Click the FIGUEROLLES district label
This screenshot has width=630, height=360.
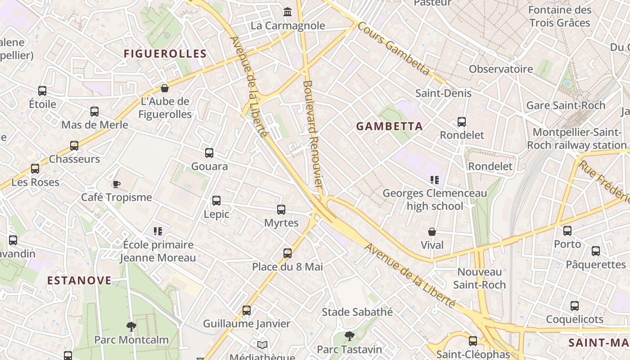(x=165, y=54)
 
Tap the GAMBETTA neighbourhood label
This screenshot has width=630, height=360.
(x=390, y=126)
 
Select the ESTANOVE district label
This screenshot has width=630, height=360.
(x=79, y=280)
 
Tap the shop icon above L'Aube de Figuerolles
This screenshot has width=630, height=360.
(x=165, y=88)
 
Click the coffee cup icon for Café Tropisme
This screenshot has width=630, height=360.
(x=116, y=184)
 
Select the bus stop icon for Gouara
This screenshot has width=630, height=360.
(x=209, y=153)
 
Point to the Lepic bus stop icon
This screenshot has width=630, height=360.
(x=216, y=201)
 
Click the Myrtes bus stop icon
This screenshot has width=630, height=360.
(x=281, y=210)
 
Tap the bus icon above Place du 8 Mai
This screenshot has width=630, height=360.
(x=288, y=253)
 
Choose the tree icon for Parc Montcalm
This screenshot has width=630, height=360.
(x=131, y=326)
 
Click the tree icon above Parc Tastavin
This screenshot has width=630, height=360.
(x=349, y=336)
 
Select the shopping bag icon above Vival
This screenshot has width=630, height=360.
(x=432, y=232)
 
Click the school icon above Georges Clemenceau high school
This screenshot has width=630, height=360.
(x=434, y=180)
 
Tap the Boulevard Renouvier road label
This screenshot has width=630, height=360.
(x=313, y=134)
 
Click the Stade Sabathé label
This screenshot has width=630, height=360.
(x=357, y=312)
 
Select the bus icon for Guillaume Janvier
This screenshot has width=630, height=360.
(x=247, y=310)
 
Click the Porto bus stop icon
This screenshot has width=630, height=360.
(x=567, y=231)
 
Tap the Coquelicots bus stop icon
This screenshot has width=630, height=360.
(x=575, y=306)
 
